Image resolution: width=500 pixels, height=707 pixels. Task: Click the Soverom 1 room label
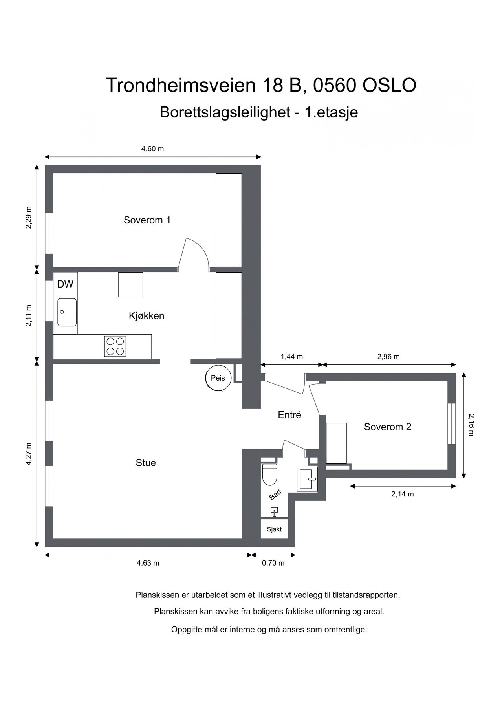click(147, 220)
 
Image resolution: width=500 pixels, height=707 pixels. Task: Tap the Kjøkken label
click(146, 316)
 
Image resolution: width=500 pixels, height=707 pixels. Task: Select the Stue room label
click(146, 463)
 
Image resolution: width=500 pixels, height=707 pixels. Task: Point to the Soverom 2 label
click(387, 427)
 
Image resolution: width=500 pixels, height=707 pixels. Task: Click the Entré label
click(289, 415)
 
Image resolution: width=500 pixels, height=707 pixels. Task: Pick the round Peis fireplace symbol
click(218, 378)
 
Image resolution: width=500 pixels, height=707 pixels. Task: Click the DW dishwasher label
click(65, 284)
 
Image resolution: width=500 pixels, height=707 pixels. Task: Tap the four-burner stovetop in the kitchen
click(115, 346)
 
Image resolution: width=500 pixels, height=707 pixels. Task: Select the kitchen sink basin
click(67, 312)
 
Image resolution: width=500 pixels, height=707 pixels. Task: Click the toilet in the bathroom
click(269, 474)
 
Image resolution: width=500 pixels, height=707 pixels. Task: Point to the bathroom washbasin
click(307, 479)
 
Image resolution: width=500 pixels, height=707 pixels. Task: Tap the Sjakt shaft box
click(274, 529)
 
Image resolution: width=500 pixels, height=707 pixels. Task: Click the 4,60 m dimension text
click(152, 149)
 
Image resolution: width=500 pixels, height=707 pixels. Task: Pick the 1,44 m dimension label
click(291, 357)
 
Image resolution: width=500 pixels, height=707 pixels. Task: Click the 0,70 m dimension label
click(273, 563)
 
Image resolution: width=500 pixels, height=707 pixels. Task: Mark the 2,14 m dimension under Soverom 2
click(402, 494)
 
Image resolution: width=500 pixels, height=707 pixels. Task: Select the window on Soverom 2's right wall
click(452, 423)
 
